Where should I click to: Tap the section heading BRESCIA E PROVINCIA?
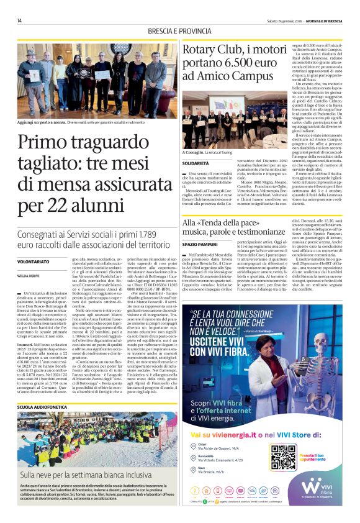tap(180, 32)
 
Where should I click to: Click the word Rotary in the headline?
tap(203, 50)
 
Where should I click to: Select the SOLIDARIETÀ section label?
tap(197, 163)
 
